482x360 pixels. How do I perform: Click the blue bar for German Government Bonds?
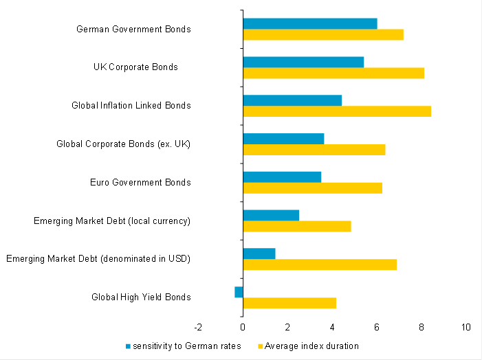click(x=309, y=24)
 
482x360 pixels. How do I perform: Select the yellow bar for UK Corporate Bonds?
click(x=333, y=73)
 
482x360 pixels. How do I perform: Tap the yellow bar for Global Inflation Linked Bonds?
click(x=336, y=111)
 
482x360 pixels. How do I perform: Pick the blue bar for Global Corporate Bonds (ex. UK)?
click(x=283, y=139)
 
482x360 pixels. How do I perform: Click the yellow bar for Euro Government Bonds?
click(x=312, y=188)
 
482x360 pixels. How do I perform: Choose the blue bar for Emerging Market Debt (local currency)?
click(x=271, y=216)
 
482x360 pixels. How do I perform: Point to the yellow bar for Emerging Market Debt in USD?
click(x=320, y=265)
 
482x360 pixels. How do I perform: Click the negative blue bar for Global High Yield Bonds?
click(x=239, y=292)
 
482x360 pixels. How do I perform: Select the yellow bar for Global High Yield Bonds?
click(x=289, y=304)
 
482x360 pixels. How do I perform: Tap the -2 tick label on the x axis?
click(x=197, y=327)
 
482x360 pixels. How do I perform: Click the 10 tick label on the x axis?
click(x=466, y=327)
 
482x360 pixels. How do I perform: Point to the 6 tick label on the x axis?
click(x=377, y=327)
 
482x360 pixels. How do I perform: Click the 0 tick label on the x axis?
click(x=243, y=327)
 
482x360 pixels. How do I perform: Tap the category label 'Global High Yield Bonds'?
click(x=141, y=297)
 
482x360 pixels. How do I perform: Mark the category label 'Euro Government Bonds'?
click(x=140, y=183)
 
